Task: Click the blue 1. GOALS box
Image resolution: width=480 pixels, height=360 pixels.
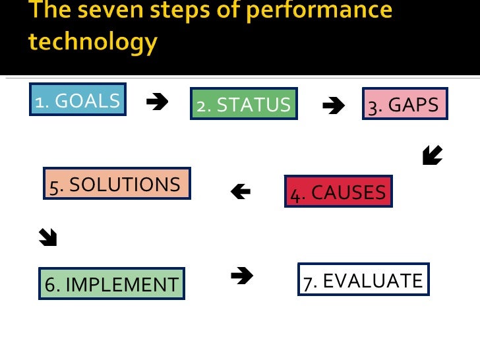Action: [x=78, y=100]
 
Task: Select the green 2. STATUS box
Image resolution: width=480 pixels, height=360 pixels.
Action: [x=244, y=104]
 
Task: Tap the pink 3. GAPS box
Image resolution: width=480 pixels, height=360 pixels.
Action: [x=405, y=104]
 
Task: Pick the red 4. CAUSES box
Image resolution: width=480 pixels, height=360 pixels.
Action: [x=338, y=191]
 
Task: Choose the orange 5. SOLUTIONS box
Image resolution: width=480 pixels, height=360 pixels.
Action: [x=117, y=183]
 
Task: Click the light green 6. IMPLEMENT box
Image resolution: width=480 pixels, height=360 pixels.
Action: [x=111, y=284]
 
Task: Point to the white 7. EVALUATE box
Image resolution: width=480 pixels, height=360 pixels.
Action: [x=363, y=280]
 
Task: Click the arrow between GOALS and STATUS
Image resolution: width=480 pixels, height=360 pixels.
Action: [x=157, y=102]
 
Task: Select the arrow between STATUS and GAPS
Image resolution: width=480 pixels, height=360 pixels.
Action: [x=334, y=105]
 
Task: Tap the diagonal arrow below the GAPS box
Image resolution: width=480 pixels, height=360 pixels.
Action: [x=433, y=156]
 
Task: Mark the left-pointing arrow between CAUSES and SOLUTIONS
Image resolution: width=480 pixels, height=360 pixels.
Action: [x=241, y=191]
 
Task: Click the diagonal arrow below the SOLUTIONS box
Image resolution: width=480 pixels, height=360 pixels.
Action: [x=48, y=237]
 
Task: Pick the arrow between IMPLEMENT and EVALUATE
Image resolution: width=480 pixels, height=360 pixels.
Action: [x=243, y=276]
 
